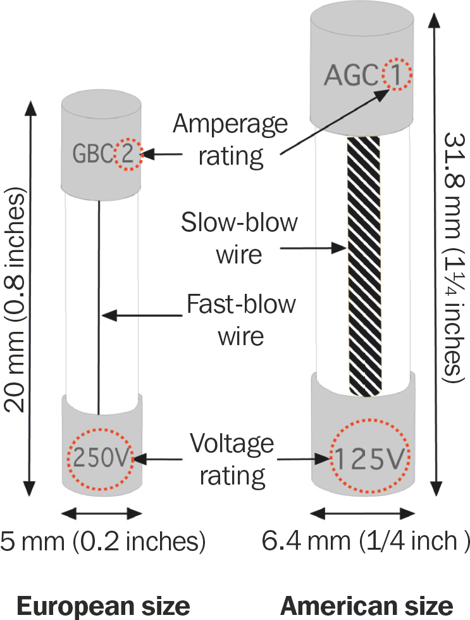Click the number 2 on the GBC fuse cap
pos(128,155)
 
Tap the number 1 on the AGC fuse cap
pos(395,77)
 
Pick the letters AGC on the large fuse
pos(352,77)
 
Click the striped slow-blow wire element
pos(364,266)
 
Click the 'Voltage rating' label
pos(232,457)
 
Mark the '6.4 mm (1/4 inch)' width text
pos(365,542)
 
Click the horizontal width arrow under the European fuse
pos(101,512)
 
